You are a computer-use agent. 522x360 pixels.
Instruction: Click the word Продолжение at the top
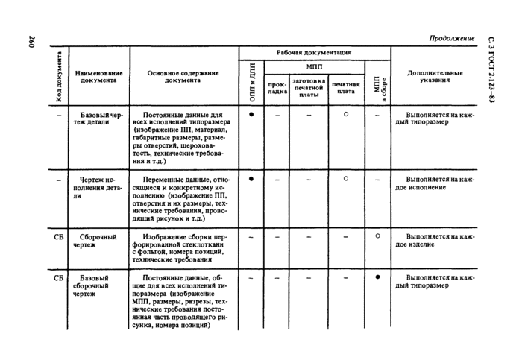pos(452,38)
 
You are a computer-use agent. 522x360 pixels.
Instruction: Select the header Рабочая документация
pos(314,53)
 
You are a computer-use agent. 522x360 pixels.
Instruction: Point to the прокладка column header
pos(277,88)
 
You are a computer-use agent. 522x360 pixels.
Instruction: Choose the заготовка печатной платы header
pos(309,87)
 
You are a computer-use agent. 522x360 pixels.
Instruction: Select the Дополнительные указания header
pos(435,77)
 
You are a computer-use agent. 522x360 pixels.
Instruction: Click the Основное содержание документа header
pos(183,76)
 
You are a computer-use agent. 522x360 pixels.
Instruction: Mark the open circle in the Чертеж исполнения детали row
pos(345,179)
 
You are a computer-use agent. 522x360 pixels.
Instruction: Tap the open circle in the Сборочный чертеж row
pos(377,236)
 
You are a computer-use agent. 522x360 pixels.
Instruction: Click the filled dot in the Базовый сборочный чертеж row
pos(377,277)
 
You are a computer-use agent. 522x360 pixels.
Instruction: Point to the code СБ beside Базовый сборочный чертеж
pos(59,278)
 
